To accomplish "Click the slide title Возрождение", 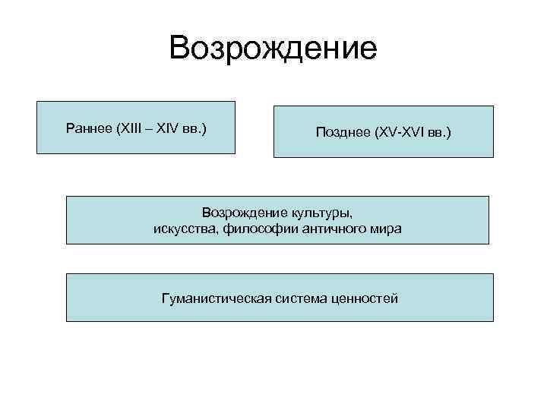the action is (x=273, y=48).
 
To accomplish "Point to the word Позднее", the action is (x=343, y=133).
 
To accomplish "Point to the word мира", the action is (x=387, y=229).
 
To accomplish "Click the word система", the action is (x=302, y=298).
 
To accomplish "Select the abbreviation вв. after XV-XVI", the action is (x=438, y=133).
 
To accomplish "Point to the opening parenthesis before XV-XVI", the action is (x=375, y=133).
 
